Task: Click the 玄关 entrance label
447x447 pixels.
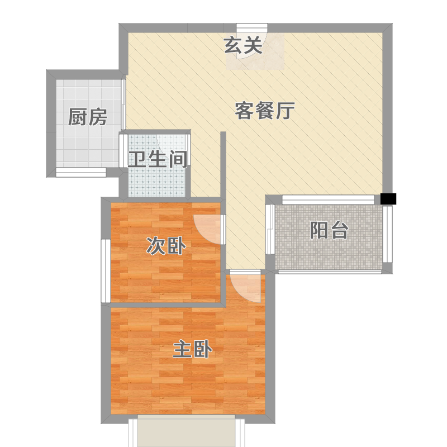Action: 243,46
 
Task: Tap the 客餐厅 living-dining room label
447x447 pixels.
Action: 264,111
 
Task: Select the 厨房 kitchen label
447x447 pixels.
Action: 88,117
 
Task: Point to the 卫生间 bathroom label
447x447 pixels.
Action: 158,159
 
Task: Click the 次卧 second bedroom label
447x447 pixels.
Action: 166,246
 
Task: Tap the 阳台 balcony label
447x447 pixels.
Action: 329,230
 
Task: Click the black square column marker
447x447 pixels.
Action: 388,199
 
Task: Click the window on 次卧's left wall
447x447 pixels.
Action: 106,271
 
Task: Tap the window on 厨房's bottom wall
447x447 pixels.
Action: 81,172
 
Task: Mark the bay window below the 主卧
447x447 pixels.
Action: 187,431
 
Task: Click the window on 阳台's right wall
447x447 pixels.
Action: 387,234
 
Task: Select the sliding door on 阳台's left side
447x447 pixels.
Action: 270,229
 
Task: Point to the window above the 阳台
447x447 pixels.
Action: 328,199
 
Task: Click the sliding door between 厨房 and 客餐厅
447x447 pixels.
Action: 123,104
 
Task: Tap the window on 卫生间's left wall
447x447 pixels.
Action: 123,150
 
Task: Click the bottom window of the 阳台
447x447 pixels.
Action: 330,272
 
